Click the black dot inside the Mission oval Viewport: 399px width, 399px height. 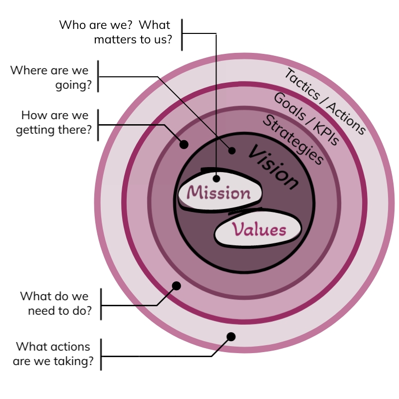click(x=216, y=178)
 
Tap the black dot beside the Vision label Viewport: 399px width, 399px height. click(x=232, y=150)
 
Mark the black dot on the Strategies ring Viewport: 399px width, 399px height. click(x=184, y=145)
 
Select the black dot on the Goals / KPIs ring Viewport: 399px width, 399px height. click(x=176, y=286)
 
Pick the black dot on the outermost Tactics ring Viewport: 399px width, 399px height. click(x=230, y=337)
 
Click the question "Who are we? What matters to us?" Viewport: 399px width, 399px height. click(x=115, y=32)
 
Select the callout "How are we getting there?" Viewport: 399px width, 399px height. click(x=52, y=123)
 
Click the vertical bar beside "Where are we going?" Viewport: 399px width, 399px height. click(x=98, y=76)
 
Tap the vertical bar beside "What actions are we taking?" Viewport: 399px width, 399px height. click(x=101, y=354)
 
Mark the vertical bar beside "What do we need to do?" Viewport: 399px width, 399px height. click(x=101, y=304)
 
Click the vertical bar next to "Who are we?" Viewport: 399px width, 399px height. click(x=182, y=34)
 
